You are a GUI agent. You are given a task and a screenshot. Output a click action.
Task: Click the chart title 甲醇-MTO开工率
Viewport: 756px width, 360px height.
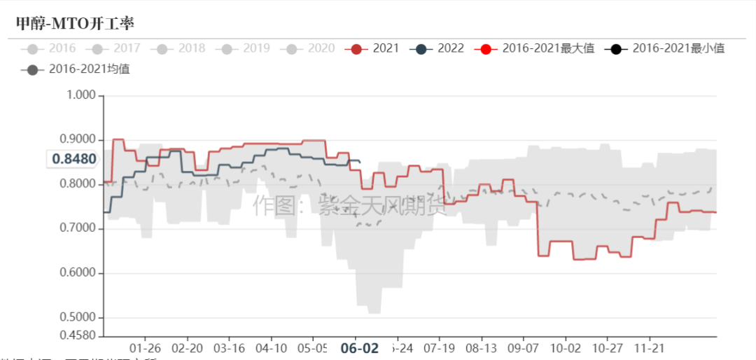point(74,23)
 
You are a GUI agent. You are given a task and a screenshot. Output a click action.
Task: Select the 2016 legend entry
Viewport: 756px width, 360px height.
point(50,48)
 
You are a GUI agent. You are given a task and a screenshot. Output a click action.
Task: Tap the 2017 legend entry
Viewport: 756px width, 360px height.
point(115,48)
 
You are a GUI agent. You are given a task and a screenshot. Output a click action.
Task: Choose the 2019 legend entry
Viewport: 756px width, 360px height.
point(246,48)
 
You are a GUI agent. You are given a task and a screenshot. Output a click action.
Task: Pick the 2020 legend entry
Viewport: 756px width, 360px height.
point(310,48)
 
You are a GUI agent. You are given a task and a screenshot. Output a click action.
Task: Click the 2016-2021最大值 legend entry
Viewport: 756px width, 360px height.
point(535,48)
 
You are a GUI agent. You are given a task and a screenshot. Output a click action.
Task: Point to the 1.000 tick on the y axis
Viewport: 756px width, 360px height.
point(80,95)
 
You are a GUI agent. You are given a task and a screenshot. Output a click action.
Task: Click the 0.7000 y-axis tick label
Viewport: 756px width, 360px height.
point(77,228)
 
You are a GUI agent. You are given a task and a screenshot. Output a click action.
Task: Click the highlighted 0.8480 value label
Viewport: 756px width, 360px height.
point(73,159)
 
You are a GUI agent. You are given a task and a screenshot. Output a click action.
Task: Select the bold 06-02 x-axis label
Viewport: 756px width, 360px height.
point(359,348)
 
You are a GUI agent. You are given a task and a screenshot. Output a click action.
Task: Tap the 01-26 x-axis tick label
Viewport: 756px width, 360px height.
point(146,348)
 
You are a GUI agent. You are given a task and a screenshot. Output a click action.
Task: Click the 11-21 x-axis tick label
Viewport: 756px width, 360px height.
point(649,348)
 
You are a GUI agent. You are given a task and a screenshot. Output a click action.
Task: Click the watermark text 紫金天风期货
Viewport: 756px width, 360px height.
point(382,205)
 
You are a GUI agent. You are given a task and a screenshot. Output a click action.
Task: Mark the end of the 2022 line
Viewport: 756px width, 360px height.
point(360,162)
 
